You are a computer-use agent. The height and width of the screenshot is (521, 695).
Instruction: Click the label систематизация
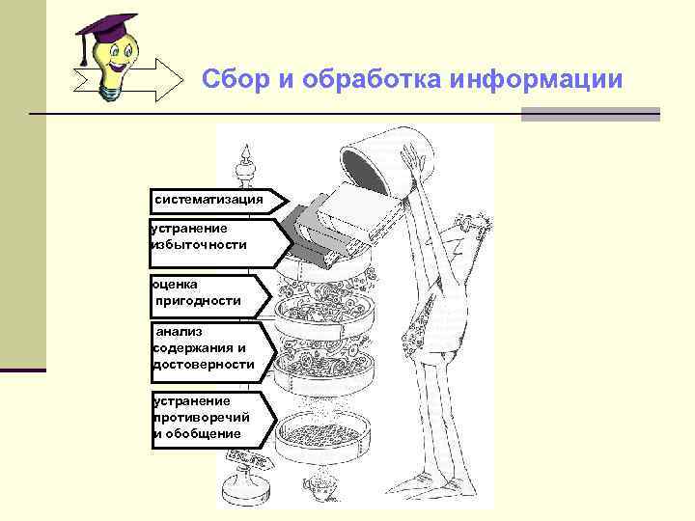209,200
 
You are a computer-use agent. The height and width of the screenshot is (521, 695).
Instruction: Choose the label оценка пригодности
198,292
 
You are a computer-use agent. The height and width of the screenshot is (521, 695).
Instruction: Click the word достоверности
204,365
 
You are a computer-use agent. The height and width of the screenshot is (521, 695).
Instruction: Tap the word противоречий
202,418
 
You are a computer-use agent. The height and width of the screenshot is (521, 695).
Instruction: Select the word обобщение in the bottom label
203,434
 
